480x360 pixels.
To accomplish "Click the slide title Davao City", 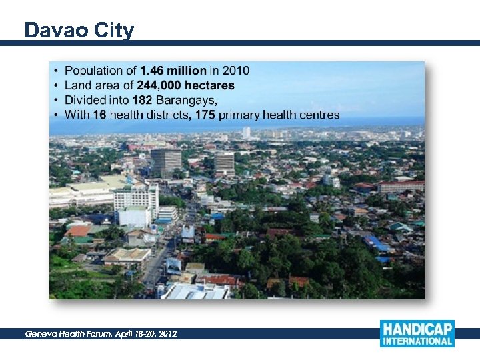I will point(79,30).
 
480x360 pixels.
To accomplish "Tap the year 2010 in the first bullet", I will point(236,70).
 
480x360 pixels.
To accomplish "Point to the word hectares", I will point(211,85).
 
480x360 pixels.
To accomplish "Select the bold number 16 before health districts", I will point(99,115).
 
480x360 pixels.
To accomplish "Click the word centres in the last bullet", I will point(319,115).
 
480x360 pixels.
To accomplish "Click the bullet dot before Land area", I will point(56,85).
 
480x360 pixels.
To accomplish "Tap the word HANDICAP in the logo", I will point(417,329).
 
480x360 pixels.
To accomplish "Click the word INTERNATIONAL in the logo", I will point(417,341).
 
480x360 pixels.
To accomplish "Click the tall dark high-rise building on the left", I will point(165,161).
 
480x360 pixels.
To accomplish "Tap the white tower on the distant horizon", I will point(247,133).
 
